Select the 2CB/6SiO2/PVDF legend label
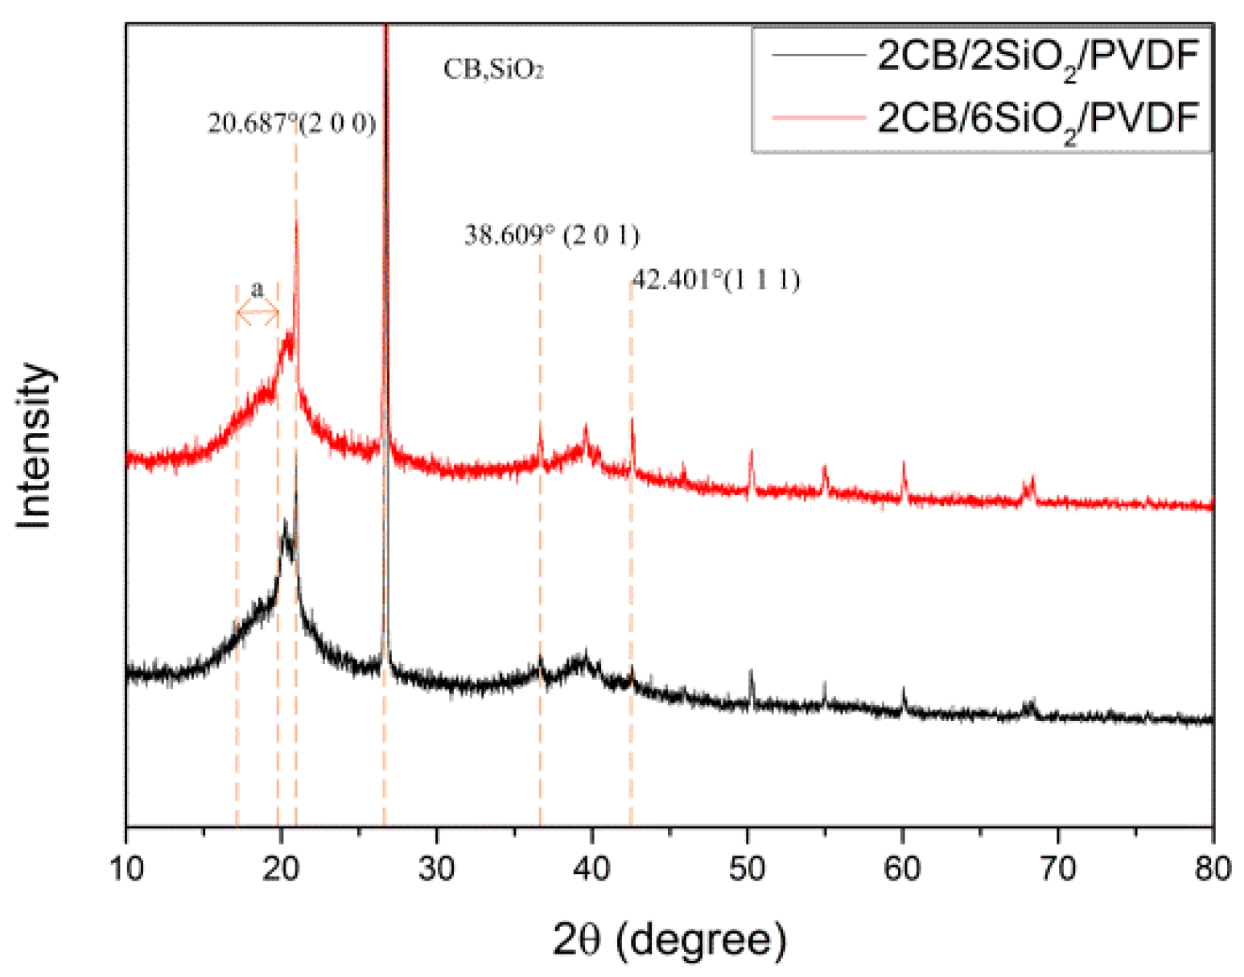[1037, 119]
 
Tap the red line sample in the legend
[817, 118]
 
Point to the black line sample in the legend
[817, 56]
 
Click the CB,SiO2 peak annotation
[493, 70]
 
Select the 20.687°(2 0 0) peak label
[291, 124]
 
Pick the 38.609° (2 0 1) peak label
[551, 236]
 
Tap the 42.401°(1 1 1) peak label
[715, 280]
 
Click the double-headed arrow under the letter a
[257, 314]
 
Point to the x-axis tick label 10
[126, 868]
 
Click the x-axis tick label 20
[281, 868]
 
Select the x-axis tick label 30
[436, 868]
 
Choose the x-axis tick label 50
[747, 868]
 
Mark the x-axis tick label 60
[902, 868]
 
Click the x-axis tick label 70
[1057, 868]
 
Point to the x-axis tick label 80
[1213, 868]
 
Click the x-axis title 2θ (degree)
[669, 939]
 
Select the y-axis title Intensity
[34, 446]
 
